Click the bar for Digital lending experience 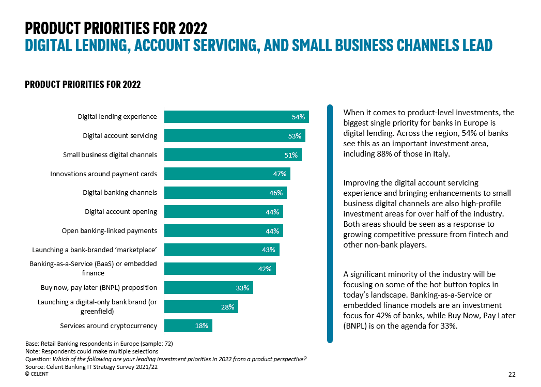point(236,117)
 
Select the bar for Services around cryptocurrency point(188,326)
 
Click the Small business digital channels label point(110,154)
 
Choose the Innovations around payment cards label point(103,174)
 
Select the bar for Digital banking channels point(225,193)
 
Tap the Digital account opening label point(121,211)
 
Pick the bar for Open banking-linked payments point(223,231)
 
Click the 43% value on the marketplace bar point(269,250)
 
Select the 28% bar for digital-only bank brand point(201,307)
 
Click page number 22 point(512,374)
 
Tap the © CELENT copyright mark point(37,374)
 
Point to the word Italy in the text point(441,154)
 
